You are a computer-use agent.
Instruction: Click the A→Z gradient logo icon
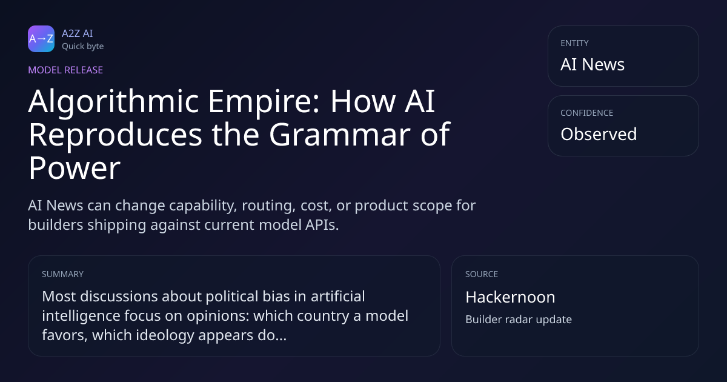41,39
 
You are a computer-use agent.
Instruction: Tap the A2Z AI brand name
78,33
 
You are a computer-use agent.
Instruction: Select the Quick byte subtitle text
83,47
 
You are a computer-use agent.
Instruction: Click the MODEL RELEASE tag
65,70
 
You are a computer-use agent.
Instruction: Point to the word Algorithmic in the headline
114,102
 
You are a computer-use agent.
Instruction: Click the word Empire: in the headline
264,102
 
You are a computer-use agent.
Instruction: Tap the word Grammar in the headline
340,134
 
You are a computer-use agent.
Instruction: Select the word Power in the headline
75,167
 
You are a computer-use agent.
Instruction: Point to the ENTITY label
574,43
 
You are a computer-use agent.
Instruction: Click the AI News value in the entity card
593,64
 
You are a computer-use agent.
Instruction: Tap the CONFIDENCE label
587,113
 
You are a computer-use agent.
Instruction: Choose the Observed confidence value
599,134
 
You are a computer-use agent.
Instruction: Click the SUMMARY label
62,274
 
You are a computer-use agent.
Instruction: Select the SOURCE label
482,274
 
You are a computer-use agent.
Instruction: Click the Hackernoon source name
510,297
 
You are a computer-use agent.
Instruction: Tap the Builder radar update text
519,320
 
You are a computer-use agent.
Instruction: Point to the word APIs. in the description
322,225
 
